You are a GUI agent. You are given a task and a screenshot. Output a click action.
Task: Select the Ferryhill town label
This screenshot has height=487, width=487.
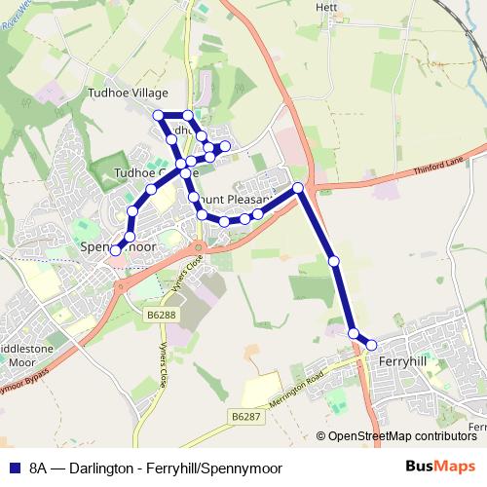(400, 361)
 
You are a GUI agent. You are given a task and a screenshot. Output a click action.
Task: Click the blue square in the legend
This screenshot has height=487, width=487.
(16, 468)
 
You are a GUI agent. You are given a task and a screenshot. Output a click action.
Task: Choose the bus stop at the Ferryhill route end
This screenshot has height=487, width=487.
(371, 344)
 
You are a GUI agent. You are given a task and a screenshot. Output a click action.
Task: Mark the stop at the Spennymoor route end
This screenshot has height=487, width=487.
(116, 250)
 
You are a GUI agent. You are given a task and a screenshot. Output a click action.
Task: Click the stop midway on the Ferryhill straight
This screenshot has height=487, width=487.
(334, 261)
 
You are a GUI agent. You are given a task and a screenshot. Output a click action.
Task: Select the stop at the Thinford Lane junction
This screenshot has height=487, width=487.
(298, 186)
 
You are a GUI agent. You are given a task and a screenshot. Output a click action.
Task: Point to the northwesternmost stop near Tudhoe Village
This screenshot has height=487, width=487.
(159, 116)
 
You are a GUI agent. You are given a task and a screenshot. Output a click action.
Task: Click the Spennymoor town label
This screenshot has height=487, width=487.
(121, 246)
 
